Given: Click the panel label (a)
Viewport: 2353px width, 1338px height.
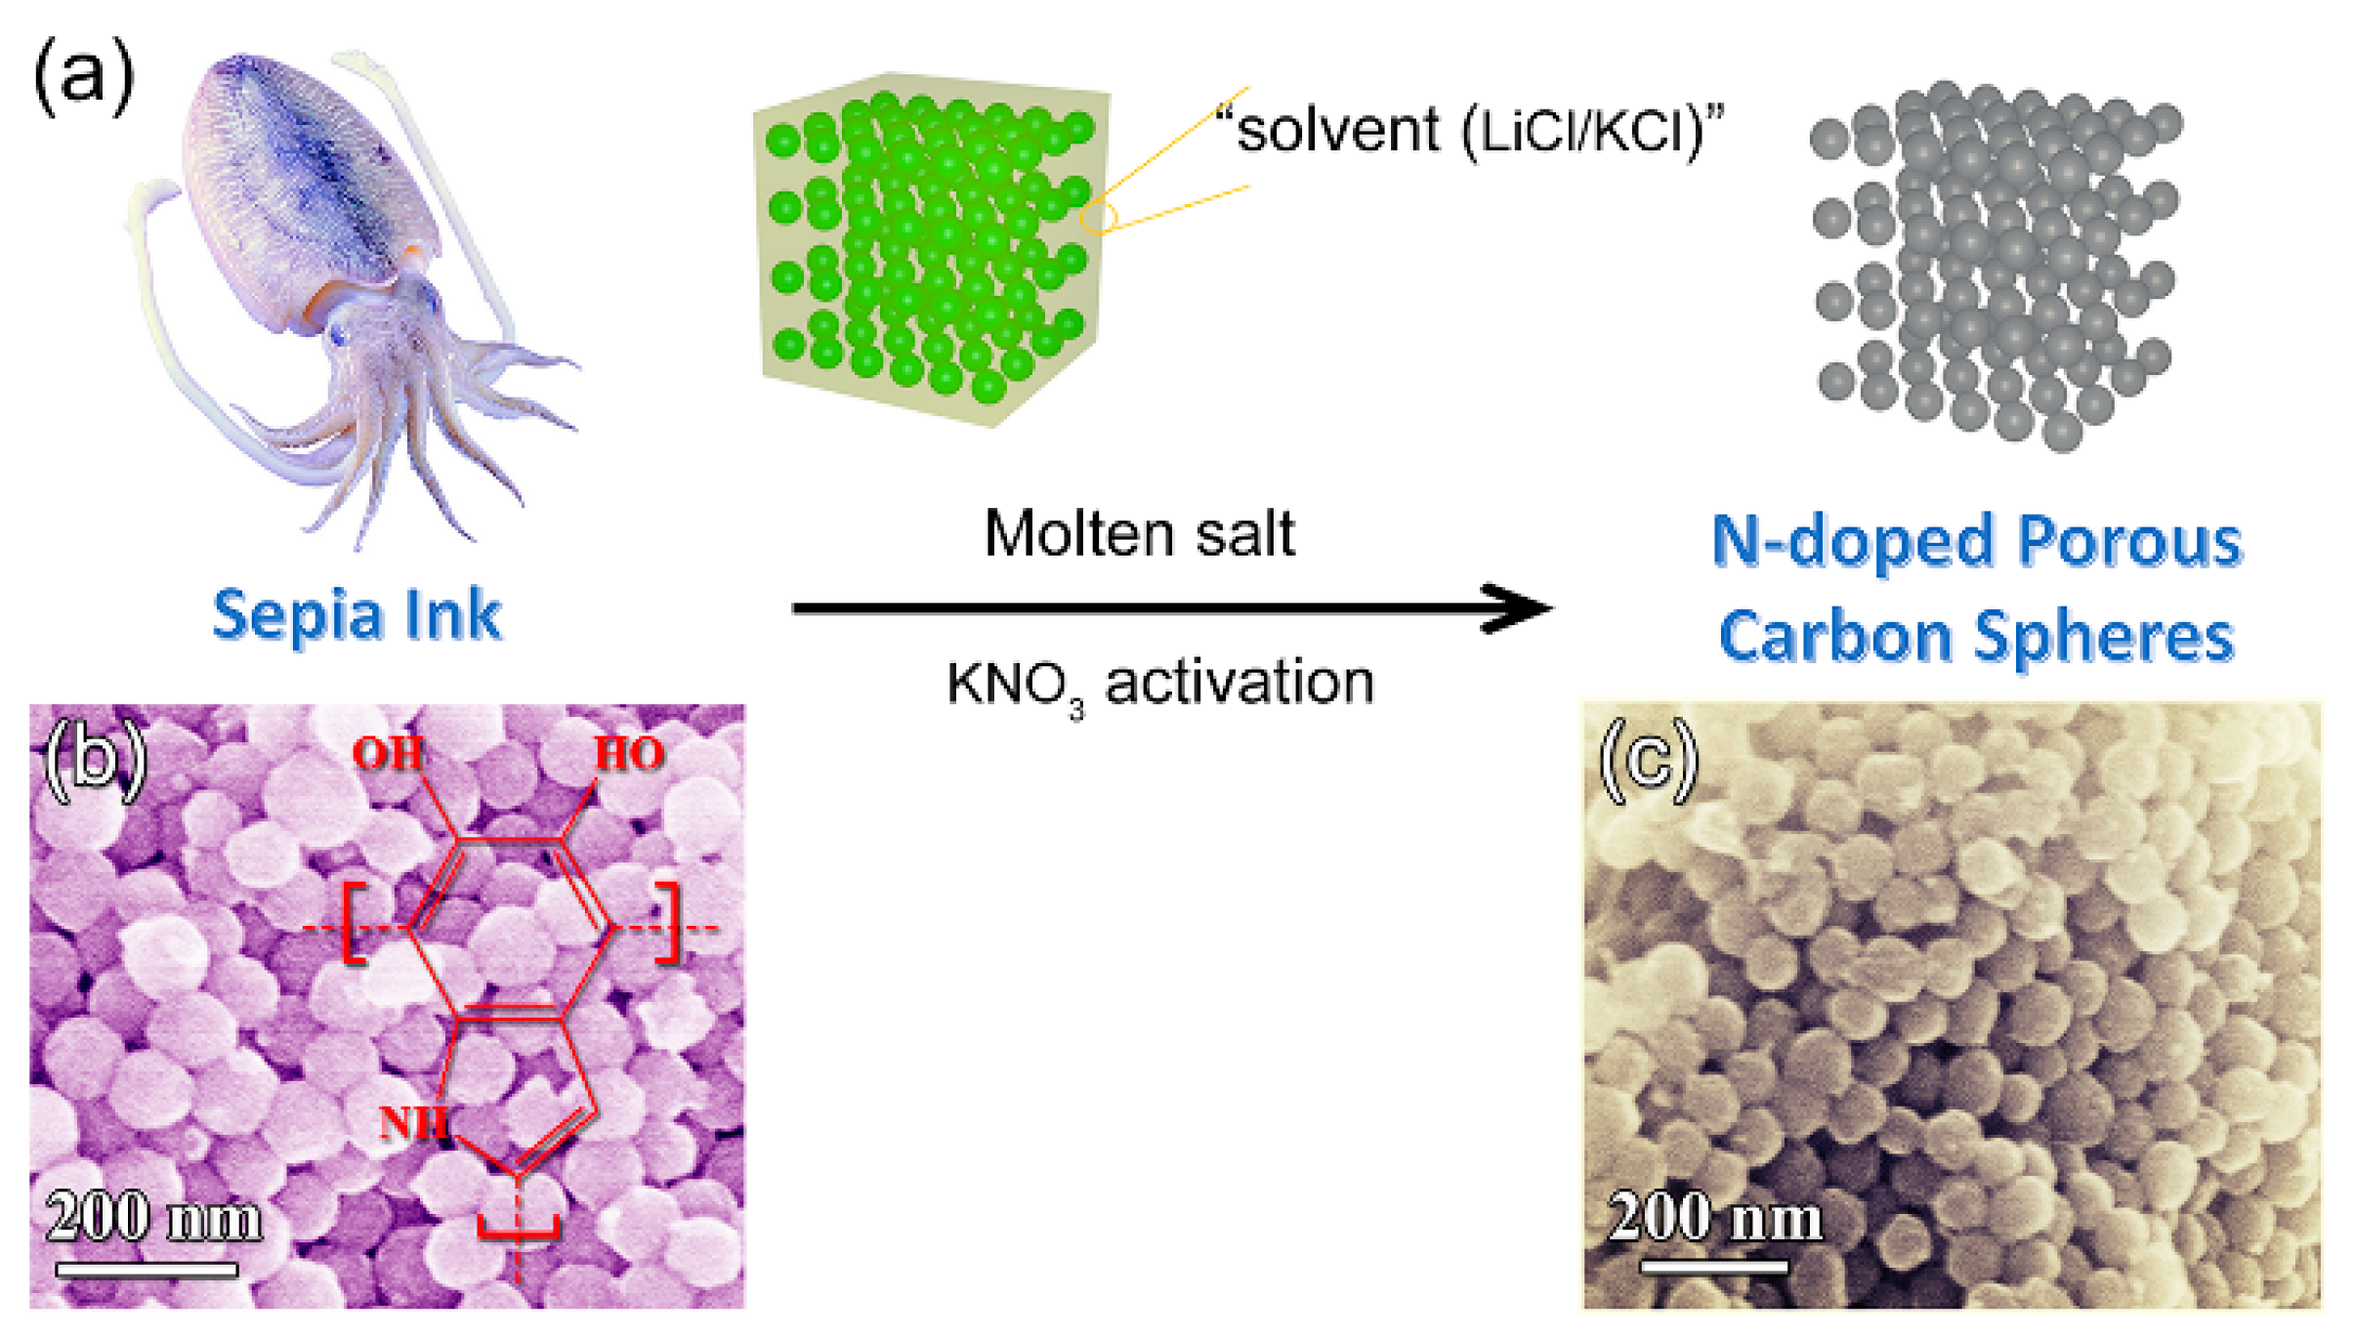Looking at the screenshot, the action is (83, 76).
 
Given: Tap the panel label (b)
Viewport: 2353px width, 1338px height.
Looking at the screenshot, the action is (95, 759).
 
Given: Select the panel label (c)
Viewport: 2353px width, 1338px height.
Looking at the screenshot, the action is (1648, 759).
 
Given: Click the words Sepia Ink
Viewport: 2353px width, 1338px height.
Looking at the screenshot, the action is (357, 615).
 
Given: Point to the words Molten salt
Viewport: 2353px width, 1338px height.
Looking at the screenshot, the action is (1139, 534).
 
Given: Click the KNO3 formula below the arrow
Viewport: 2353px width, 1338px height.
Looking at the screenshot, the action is (1016, 684).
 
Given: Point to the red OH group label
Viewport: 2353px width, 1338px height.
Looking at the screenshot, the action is (388, 753).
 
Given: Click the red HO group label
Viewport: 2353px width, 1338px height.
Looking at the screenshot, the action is (629, 753).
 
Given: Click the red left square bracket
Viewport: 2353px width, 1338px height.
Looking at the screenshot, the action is (354, 924).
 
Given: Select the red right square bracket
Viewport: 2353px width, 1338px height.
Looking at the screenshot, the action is (669, 924).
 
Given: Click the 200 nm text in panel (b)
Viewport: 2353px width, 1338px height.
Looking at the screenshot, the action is (153, 1219).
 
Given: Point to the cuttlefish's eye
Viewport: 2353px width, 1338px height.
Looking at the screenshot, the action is (339, 336).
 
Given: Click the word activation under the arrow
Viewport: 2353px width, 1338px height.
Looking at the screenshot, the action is (1239, 682).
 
